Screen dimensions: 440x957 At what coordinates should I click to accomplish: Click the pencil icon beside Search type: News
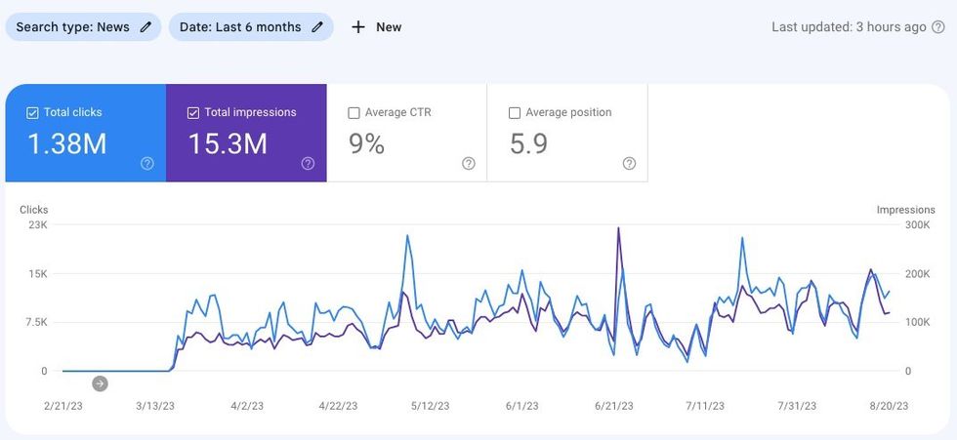(x=146, y=27)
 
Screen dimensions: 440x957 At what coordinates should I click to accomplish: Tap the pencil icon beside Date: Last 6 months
(x=317, y=27)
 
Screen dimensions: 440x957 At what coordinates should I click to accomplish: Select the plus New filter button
(x=376, y=27)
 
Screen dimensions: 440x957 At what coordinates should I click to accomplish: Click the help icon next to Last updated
(x=938, y=27)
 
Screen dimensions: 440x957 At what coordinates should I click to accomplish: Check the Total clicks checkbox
(x=32, y=113)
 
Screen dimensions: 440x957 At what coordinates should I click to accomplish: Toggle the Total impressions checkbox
(x=192, y=113)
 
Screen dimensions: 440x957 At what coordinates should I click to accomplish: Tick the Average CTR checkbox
(x=354, y=113)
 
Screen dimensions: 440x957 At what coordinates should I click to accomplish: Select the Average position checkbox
(x=515, y=113)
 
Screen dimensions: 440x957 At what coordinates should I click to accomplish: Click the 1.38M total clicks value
(x=66, y=144)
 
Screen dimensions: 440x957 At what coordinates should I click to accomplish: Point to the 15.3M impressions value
(x=228, y=144)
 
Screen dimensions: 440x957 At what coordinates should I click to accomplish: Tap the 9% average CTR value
(x=367, y=144)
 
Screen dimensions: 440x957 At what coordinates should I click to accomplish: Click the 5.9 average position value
(x=528, y=144)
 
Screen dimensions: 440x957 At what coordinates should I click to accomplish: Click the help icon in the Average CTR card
(x=469, y=164)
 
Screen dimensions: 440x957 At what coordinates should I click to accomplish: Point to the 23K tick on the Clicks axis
(x=37, y=225)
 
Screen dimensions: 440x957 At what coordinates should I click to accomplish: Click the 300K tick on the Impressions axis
(x=918, y=225)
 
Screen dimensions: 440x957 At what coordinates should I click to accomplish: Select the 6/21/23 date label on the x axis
(x=613, y=406)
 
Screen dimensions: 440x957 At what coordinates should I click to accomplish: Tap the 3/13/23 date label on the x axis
(x=155, y=406)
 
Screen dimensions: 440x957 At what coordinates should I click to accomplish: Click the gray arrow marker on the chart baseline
(x=100, y=383)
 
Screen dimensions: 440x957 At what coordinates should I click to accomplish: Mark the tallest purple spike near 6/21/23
(x=618, y=229)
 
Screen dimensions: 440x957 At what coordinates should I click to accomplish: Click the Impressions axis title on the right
(x=905, y=210)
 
